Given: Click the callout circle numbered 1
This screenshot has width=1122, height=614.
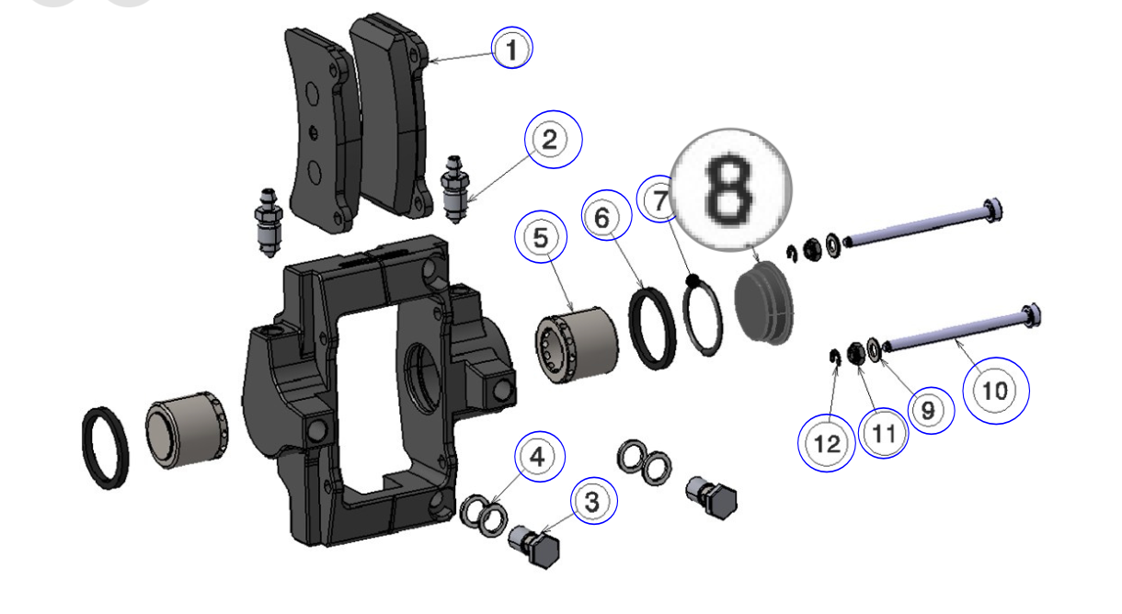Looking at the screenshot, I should (511, 49).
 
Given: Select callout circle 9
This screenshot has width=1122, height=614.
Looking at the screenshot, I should (927, 412).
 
